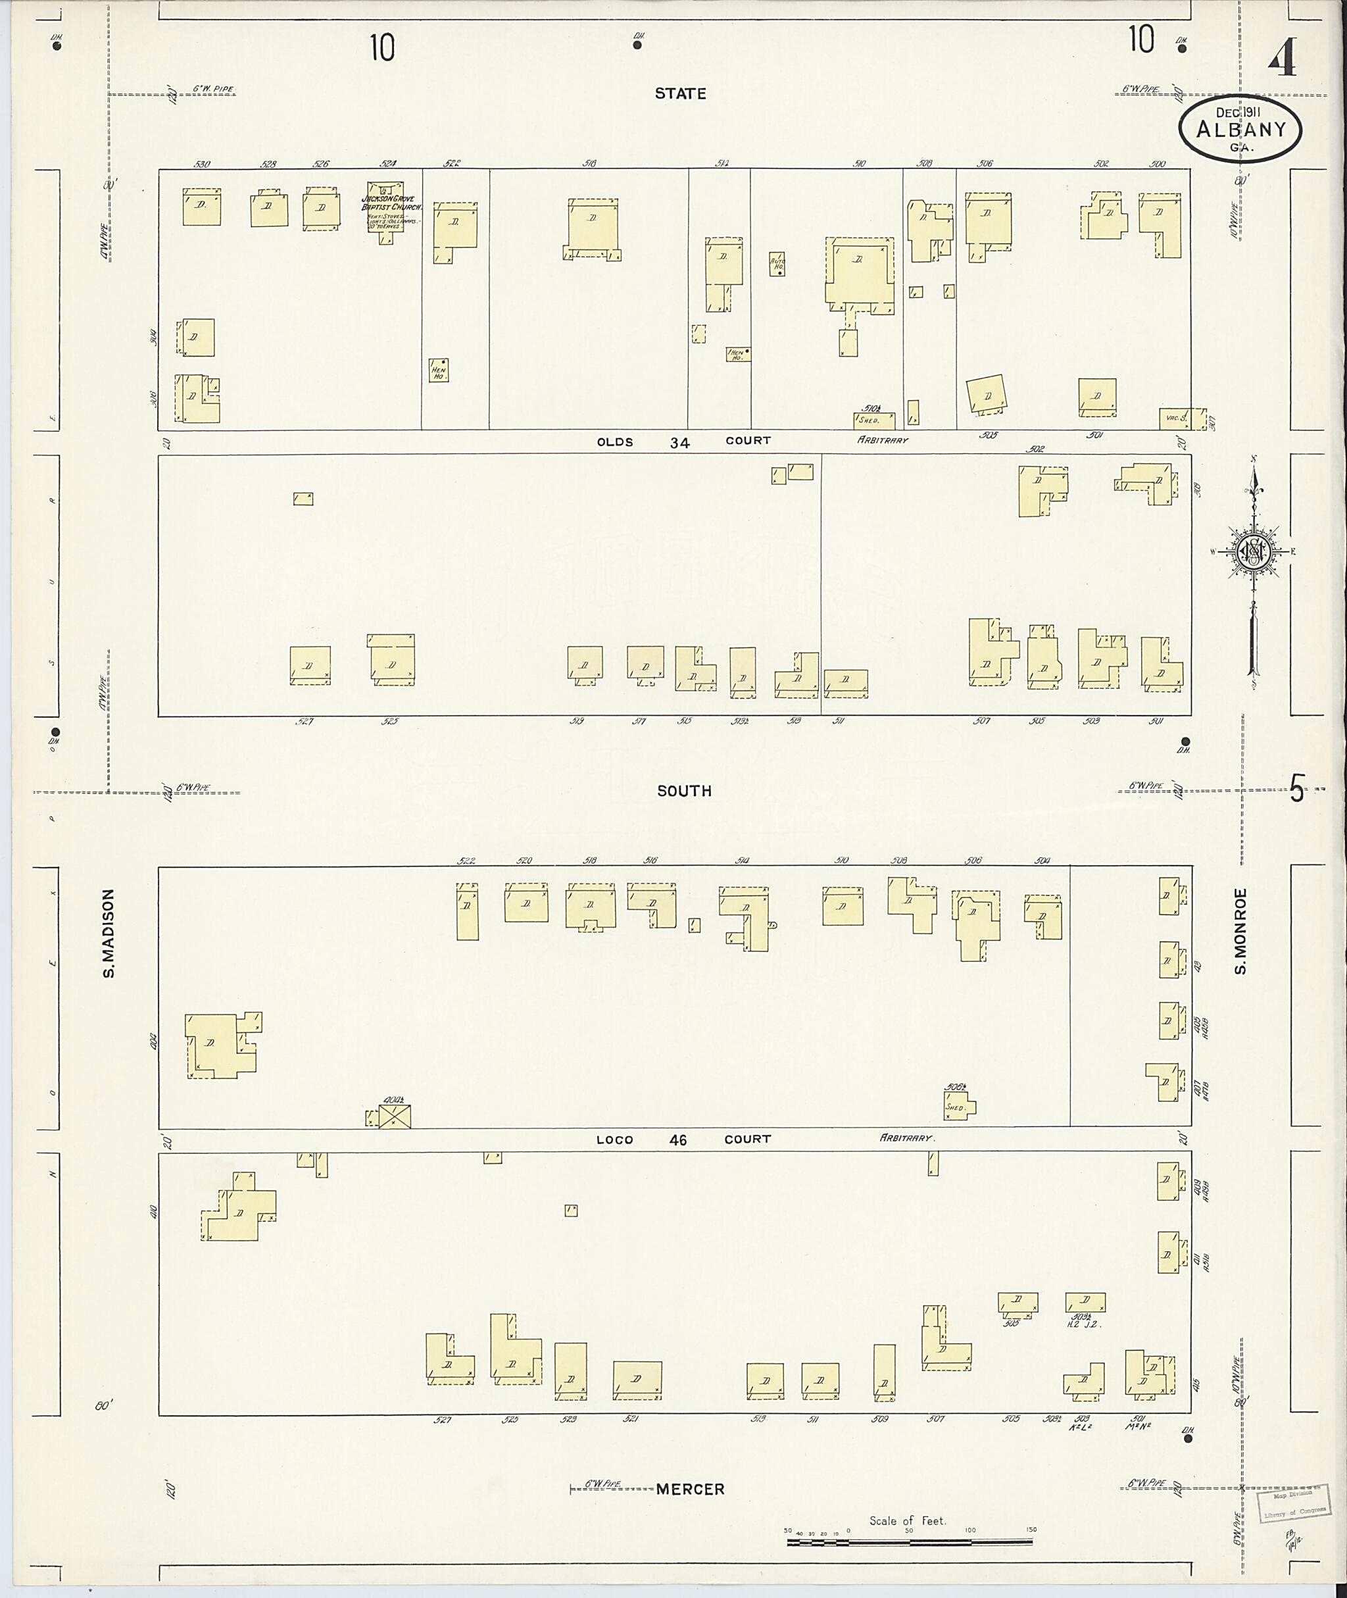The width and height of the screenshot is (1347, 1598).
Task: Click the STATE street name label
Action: pyautogui.click(x=679, y=93)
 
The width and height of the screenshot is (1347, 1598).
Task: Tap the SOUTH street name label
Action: pyautogui.click(x=684, y=791)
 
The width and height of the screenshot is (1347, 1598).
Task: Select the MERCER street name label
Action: pyautogui.click(x=691, y=1489)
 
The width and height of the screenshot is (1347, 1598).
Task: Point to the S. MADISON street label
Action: pyautogui.click(x=109, y=933)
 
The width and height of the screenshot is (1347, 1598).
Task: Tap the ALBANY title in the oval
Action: pyautogui.click(x=1241, y=130)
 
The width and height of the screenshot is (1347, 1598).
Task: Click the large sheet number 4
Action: pyautogui.click(x=1283, y=59)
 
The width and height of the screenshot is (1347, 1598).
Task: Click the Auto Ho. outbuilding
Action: pyautogui.click(x=777, y=264)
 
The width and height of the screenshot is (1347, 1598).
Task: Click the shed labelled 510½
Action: pyautogui.click(x=873, y=419)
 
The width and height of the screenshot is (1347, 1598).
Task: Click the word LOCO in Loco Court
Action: pyautogui.click(x=615, y=1139)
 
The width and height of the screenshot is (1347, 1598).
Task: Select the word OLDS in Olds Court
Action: pyautogui.click(x=615, y=441)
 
